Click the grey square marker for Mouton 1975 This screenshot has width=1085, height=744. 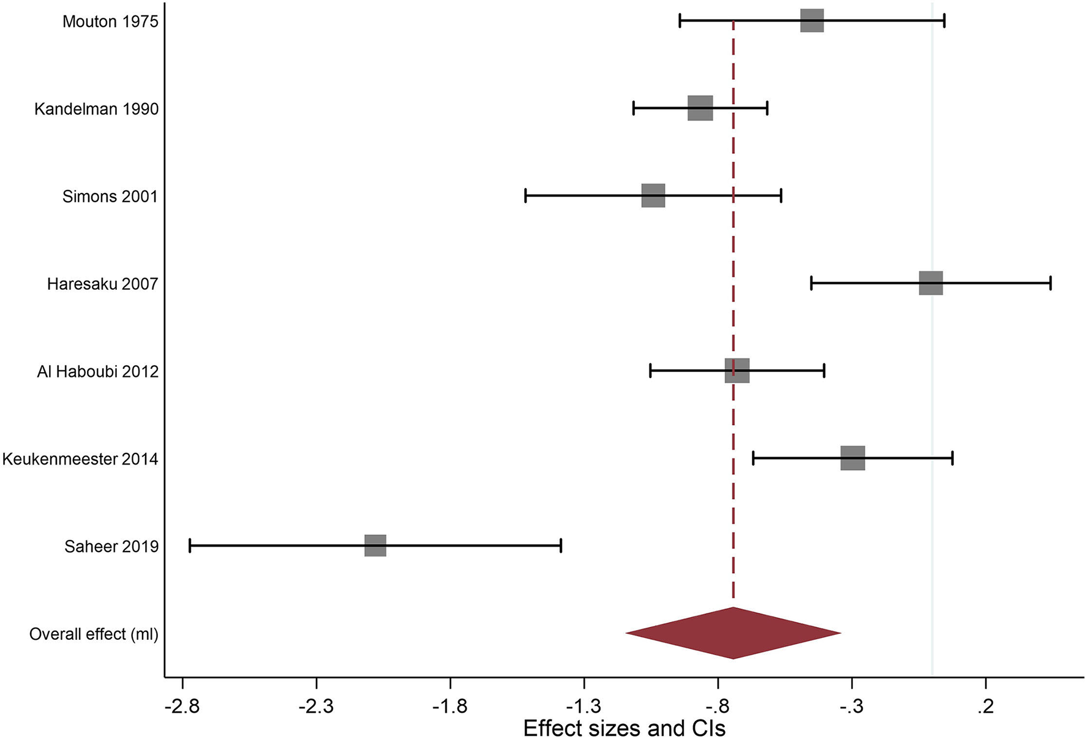[x=811, y=21]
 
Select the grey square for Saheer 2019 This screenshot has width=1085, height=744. [x=375, y=545]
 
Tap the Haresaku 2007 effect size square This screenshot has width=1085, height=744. [x=930, y=283]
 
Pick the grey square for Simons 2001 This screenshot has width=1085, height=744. [x=653, y=195]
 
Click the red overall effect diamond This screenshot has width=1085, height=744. [x=733, y=633]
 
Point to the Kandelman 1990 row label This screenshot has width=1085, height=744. [x=96, y=109]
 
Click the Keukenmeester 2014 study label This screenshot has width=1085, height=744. [x=80, y=458]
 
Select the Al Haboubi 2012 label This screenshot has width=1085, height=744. [x=97, y=371]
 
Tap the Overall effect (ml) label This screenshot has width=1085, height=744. [x=94, y=634]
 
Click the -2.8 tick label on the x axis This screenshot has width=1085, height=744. [x=182, y=706]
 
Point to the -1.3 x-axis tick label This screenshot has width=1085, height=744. [x=584, y=706]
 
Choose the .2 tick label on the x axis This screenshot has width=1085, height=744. [x=985, y=706]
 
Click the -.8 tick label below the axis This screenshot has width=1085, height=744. [x=718, y=706]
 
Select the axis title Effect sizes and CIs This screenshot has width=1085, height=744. [x=624, y=729]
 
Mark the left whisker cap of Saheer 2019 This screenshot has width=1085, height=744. [x=190, y=545]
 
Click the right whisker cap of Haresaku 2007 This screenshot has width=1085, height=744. [x=1050, y=283]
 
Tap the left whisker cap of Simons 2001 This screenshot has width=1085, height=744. [x=525, y=195]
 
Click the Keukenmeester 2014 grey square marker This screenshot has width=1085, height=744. [x=852, y=458]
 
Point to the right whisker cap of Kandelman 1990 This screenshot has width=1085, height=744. [x=767, y=108]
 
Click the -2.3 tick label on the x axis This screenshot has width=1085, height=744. [x=315, y=706]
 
